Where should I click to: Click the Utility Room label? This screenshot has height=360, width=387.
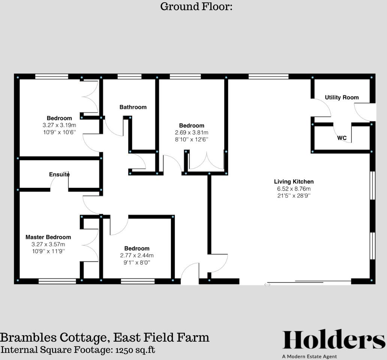tap(342, 97)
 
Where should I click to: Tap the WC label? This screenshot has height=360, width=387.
tap(342, 138)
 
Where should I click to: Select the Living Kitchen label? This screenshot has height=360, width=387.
tap(294, 182)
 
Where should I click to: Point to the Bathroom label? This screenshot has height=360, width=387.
tap(133, 107)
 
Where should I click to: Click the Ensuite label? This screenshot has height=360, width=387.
tap(59, 174)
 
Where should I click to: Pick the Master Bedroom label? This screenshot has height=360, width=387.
tap(48, 237)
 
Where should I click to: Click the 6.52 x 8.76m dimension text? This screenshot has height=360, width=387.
tap(294, 189)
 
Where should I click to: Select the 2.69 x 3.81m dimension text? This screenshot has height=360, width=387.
tap(191, 132)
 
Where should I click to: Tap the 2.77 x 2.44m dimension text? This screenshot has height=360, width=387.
tap(136, 255)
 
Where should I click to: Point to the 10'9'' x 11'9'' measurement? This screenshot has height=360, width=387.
tap(48, 251)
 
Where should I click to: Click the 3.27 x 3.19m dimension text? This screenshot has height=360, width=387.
tap(59, 125)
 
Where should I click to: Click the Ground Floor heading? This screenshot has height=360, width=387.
tap(196, 6)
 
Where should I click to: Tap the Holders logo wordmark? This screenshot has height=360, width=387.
tap(333, 340)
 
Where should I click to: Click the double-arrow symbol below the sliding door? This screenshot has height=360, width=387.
tap(267, 285)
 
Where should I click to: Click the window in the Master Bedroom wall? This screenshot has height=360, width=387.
tap(57, 280)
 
